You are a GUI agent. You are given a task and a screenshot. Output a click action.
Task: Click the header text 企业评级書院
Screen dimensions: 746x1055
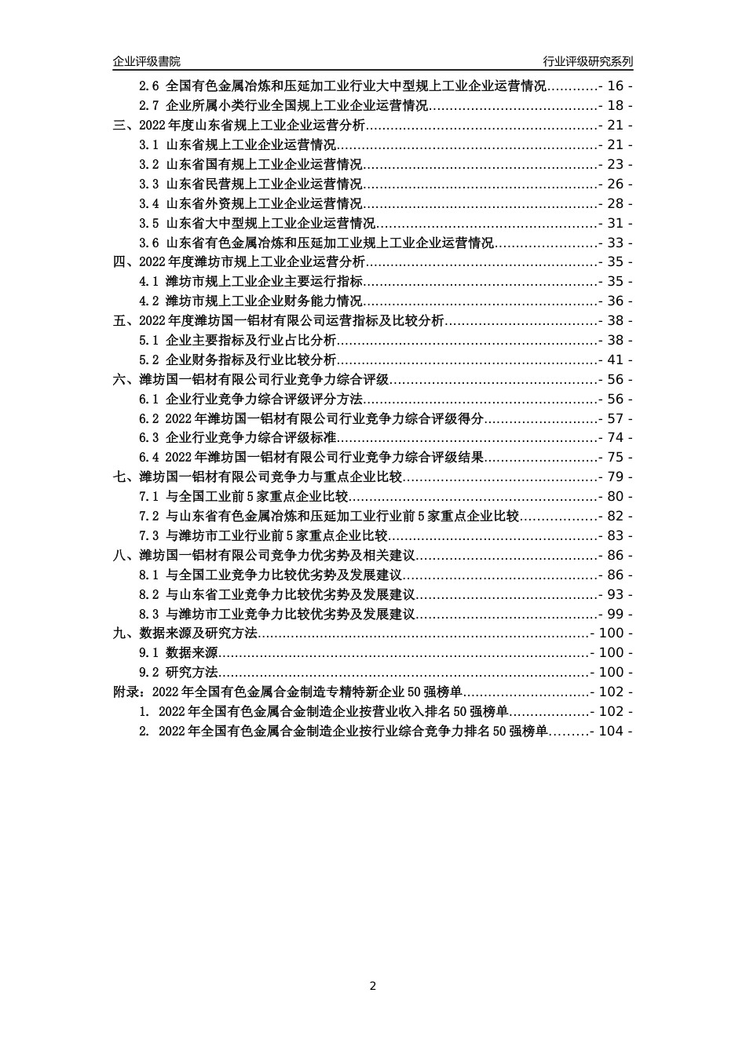click(146, 61)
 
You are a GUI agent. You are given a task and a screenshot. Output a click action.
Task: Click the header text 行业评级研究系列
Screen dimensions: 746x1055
click(587, 61)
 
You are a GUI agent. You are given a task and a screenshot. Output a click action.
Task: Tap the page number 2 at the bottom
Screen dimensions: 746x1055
click(373, 986)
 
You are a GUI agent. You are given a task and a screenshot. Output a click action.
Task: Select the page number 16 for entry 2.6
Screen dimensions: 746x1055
click(615, 86)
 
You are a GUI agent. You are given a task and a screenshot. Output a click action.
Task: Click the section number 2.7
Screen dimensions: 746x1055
click(149, 105)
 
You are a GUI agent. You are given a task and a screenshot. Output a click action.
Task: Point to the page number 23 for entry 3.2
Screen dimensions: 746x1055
click(615, 164)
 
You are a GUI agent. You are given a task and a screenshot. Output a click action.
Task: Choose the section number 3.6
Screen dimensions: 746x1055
click(149, 243)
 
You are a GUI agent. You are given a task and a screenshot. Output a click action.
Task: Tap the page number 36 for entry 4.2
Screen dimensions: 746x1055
click(615, 301)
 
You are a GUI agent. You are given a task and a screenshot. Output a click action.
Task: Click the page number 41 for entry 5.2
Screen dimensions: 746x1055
click(615, 360)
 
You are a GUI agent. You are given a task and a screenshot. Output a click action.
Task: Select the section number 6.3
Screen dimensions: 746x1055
click(149, 437)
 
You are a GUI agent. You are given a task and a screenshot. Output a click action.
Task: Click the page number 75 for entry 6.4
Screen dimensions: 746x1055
click(615, 457)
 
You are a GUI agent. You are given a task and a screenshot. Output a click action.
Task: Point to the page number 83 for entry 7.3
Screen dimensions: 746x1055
click(615, 535)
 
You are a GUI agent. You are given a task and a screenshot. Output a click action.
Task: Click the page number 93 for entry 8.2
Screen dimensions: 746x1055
click(615, 594)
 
